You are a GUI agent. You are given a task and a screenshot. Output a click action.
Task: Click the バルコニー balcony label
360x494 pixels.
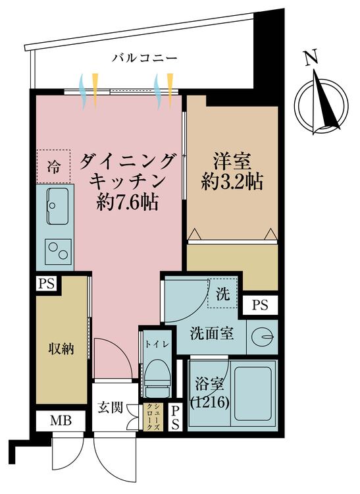pos(144,58)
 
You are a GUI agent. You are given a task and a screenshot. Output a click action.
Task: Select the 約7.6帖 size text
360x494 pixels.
pos(127,201)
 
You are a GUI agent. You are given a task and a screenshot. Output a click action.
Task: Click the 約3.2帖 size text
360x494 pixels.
pos(232,182)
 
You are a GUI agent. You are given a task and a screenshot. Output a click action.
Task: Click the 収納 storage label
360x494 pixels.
pos(61,348)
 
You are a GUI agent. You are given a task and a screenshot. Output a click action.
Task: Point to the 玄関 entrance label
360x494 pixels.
pos(112,407)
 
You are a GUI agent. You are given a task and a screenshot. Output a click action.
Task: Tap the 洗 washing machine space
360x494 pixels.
pos(223,294)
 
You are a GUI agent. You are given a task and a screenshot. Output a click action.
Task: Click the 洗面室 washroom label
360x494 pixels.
pos(211,333)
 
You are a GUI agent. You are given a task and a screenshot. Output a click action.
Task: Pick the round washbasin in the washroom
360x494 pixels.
pos(264,337)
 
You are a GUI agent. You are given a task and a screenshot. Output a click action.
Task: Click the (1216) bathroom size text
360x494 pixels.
pos(210,401)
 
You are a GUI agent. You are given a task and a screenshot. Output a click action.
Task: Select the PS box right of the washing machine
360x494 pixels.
pos(260,305)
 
